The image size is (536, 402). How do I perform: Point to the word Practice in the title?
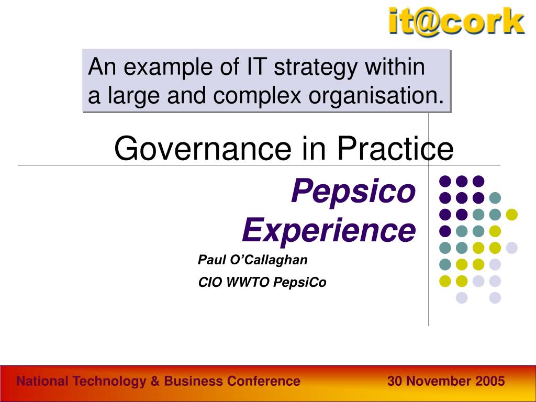[395, 149]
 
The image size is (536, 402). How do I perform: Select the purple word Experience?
[329, 230]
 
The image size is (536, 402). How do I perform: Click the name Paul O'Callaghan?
[253, 260]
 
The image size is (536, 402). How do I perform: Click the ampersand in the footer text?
[155, 382]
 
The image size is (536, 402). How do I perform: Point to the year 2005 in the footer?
[490, 382]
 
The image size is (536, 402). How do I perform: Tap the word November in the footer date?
[438, 382]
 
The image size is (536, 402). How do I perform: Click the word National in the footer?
[42, 382]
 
